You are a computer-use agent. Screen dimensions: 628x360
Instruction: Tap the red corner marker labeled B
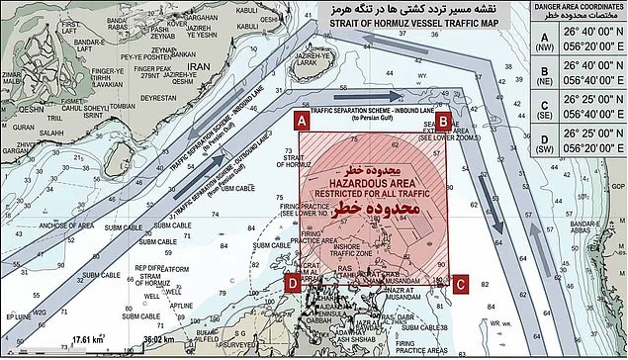[x=445, y=121]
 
